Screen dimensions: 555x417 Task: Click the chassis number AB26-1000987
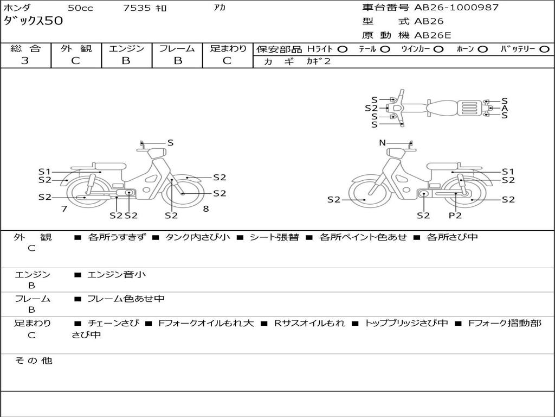coord(456,8)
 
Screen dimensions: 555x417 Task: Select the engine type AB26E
coord(433,35)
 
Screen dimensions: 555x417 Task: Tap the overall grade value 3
coord(25,61)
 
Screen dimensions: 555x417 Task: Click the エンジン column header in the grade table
coord(126,48)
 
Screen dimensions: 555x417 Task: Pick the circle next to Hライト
coord(343,49)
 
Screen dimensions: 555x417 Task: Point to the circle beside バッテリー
coord(544,49)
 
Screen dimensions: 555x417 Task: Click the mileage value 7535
coord(137,8)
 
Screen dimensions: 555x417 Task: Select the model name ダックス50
coord(33,21)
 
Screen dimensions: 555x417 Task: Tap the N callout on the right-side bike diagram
coord(382,143)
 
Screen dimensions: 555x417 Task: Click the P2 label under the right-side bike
coord(455,215)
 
